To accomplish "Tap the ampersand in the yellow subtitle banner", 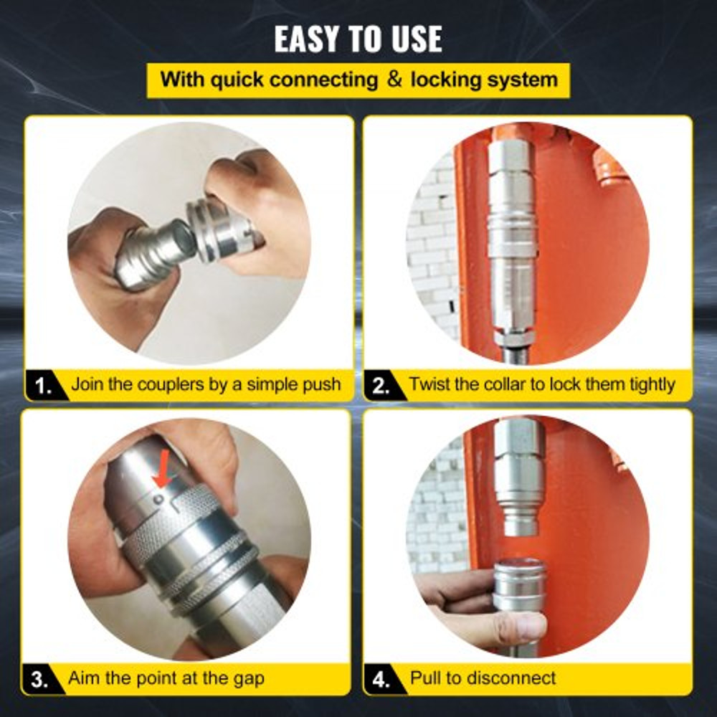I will click(394, 79).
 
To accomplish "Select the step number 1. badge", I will click(44, 385).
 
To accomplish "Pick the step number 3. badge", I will click(42, 678).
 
